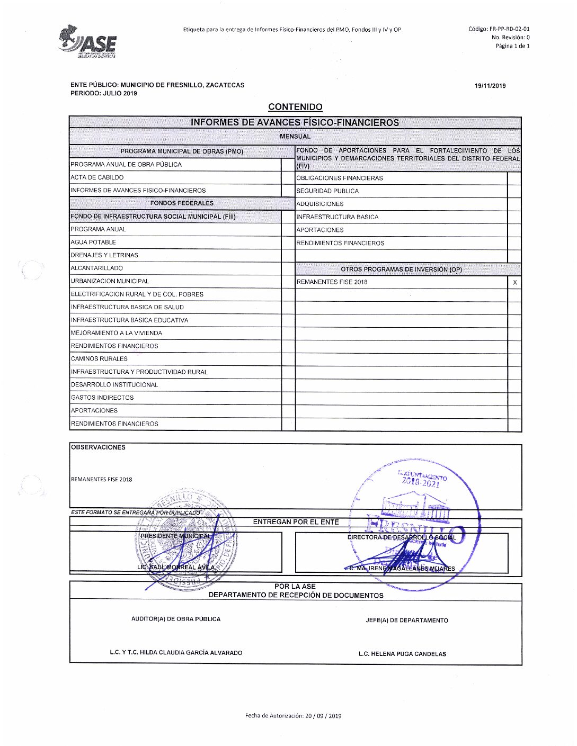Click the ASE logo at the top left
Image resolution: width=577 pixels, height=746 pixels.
pyautogui.click(x=87, y=40)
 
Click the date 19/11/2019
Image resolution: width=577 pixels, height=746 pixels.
pyautogui.click(x=490, y=86)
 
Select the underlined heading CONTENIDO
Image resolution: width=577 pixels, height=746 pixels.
pyautogui.click(x=295, y=107)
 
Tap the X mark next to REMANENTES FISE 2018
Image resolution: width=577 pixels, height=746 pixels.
pyautogui.click(x=515, y=283)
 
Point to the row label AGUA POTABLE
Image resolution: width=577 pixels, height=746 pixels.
pyautogui.click(x=93, y=242)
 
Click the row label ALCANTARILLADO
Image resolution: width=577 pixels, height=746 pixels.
pyautogui.click(x=97, y=268)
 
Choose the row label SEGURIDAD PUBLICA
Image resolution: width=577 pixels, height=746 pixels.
pyautogui.click(x=327, y=191)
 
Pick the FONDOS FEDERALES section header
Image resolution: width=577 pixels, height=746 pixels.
pyautogui.click(x=182, y=203)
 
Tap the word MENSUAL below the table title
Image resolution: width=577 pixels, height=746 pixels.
pyautogui.click(x=295, y=137)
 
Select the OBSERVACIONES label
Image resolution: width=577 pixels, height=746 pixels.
pyautogui.click(x=98, y=447)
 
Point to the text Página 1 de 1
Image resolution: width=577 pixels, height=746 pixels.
pyautogui.click(x=512, y=46)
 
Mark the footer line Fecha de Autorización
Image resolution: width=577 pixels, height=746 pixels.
pyautogui.click(x=293, y=716)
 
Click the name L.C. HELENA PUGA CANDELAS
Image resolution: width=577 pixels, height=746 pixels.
pyautogui.click(x=402, y=654)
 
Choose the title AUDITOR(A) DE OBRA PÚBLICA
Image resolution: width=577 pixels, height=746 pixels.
pyautogui.click(x=176, y=619)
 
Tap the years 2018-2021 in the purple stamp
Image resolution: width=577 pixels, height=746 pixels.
pyautogui.click(x=421, y=482)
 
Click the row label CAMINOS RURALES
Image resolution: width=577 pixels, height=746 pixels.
pyautogui.click(x=99, y=359)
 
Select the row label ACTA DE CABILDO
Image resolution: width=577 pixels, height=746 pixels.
pyautogui.click(x=97, y=178)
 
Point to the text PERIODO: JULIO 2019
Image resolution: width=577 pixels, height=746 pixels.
pyautogui.click(x=104, y=93)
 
